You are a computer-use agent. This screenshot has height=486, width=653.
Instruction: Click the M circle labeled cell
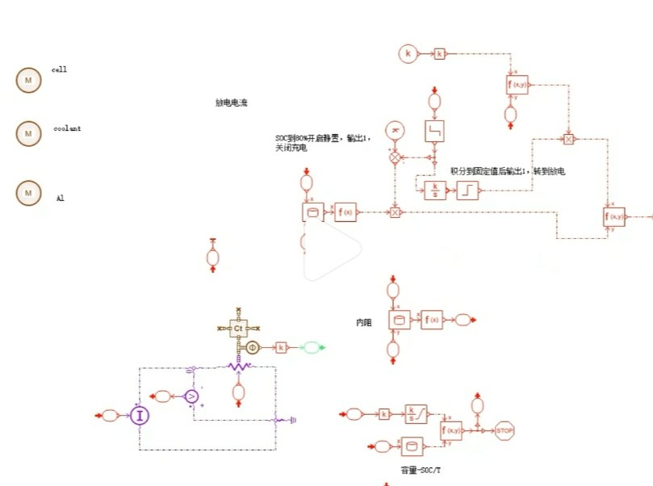pyautogui.click(x=28, y=80)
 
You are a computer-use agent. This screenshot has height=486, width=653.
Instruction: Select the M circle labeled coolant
pyautogui.click(x=28, y=133)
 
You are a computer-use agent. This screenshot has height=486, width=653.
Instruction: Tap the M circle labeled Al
pyautogui.click(x=28, y=193)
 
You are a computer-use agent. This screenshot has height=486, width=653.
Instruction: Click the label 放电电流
pyautogui.click(x=231, y=103)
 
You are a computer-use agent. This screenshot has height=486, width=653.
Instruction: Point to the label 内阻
pyautogui.click(x=364, y=322)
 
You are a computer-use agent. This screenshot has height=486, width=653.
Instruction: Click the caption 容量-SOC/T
pyautogui.click(x=421, y=469)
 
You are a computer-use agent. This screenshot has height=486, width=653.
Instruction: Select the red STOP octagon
pyautogui.click(x=504, y=431)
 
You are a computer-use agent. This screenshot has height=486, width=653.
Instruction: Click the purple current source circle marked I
pyautogui.click(x=140, y=416)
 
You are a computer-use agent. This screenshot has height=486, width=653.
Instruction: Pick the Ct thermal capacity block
pyautogui.click(x=238, y=329)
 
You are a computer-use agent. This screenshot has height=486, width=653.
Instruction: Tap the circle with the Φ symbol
pyautogui.click(x=252, y=347)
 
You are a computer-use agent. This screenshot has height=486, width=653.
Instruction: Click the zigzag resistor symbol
pyautogui.click(x=238, y=366)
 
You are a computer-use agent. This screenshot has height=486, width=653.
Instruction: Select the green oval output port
pyautogui.click(x=311, y=347)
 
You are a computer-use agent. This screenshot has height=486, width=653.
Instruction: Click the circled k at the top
pyautogui.click(x=408, y=54)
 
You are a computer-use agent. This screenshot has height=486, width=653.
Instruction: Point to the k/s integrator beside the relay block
pyautogui.click(x=435, y=190)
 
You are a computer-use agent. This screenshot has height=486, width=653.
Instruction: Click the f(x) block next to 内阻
pyautogui.click(x=432, y=320)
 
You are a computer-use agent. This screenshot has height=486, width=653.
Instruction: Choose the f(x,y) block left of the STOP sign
pyautogui.click(x=451, y=430)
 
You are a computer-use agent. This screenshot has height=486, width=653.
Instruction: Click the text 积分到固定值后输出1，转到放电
pyautogui.click(x=508, y=171)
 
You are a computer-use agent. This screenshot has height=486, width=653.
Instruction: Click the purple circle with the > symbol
pyautogui.click(x=191, y=396)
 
